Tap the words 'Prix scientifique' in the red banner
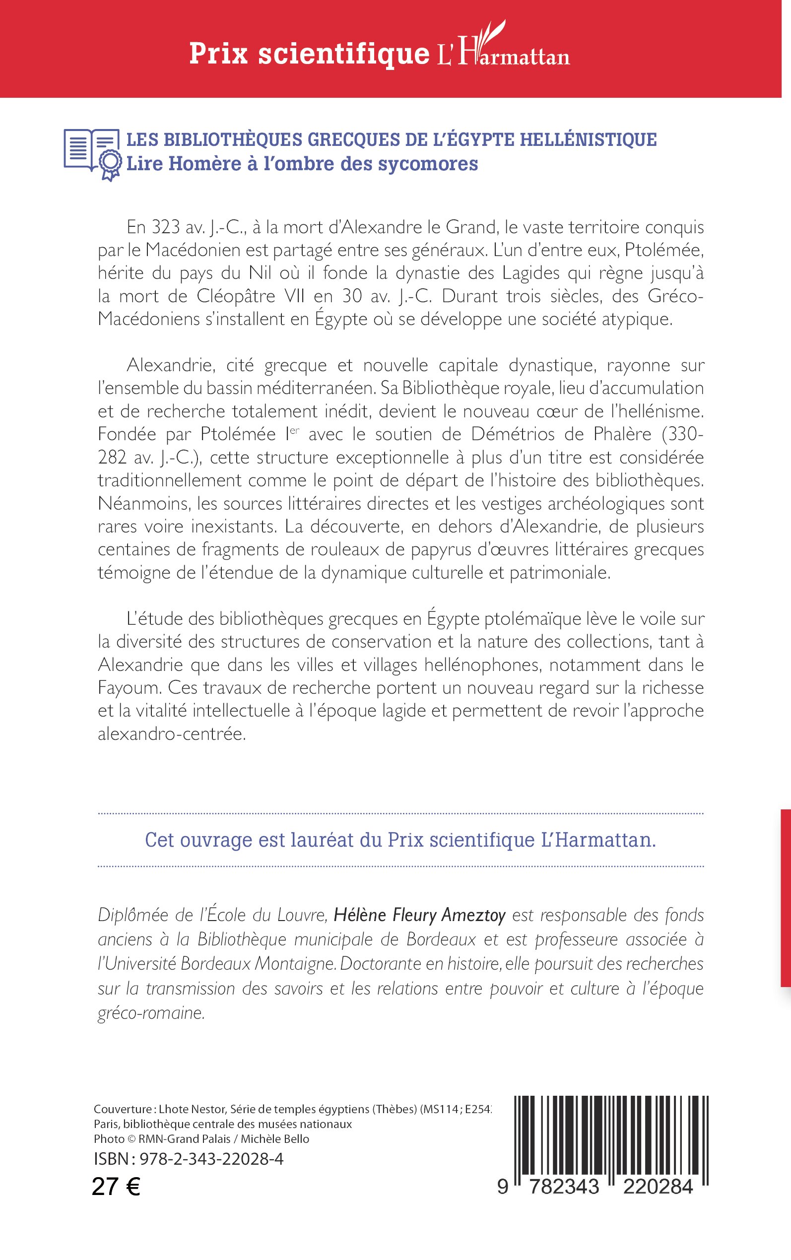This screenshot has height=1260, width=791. coord(309,55)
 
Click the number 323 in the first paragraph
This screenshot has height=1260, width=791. coord(166,227)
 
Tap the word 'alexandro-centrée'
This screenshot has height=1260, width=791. coord(171,734)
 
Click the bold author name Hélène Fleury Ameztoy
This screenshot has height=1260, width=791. coord(419,915)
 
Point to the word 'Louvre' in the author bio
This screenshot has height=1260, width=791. coord(299,915)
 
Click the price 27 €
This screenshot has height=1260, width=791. coord(116,1187)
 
